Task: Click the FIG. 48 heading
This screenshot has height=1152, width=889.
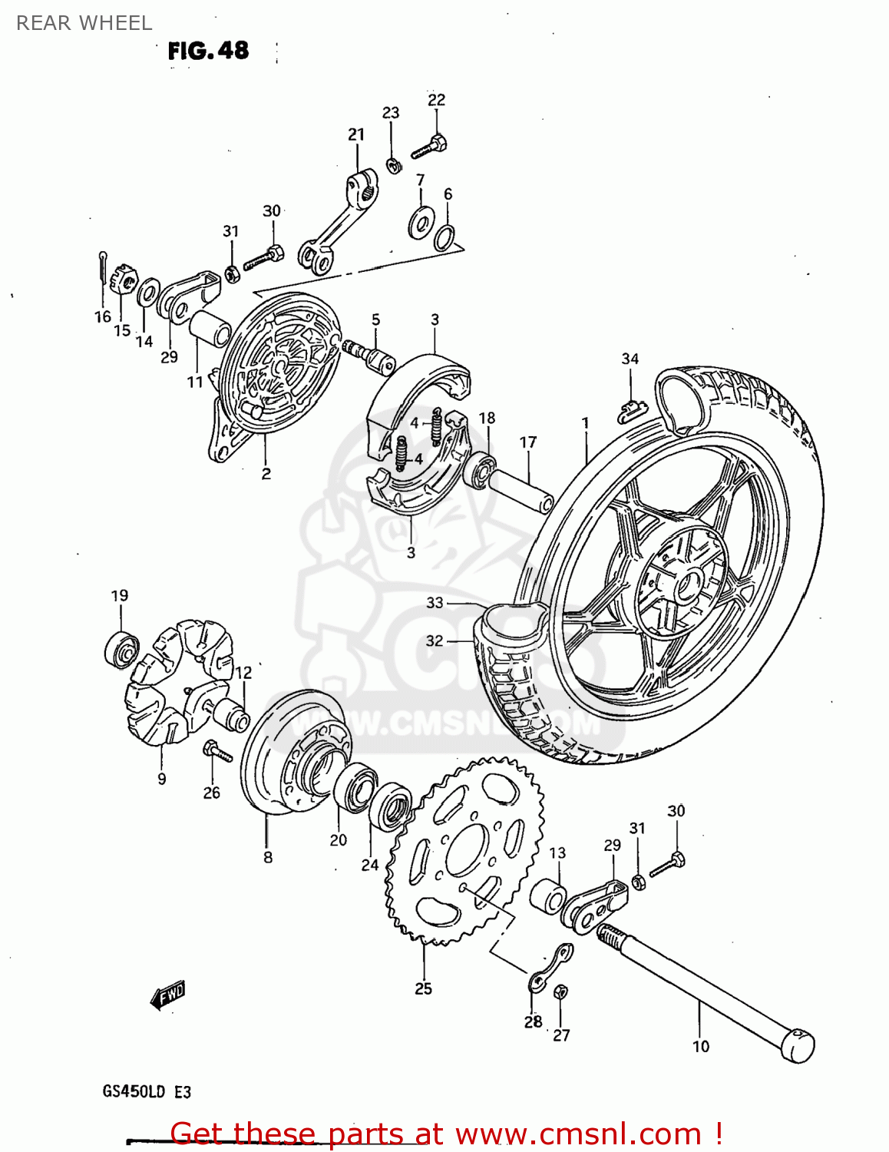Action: click(208, 51)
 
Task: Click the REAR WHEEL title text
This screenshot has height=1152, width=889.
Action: click(84, 23)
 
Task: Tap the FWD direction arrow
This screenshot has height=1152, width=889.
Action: click(167, 995)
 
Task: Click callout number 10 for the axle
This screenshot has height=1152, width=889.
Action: click(700, 1046)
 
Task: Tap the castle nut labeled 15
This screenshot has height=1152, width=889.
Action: click(123, 280)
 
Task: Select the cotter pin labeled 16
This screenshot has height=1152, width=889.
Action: click(103, 271)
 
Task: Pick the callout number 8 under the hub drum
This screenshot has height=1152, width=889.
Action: click(267, 857)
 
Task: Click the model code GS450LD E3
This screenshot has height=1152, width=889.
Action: click(147, 1091)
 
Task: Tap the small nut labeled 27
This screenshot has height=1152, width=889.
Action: click(560, 991)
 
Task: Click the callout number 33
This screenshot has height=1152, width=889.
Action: click(435, 603)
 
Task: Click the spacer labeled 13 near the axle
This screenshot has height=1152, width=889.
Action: click(548, 896)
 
